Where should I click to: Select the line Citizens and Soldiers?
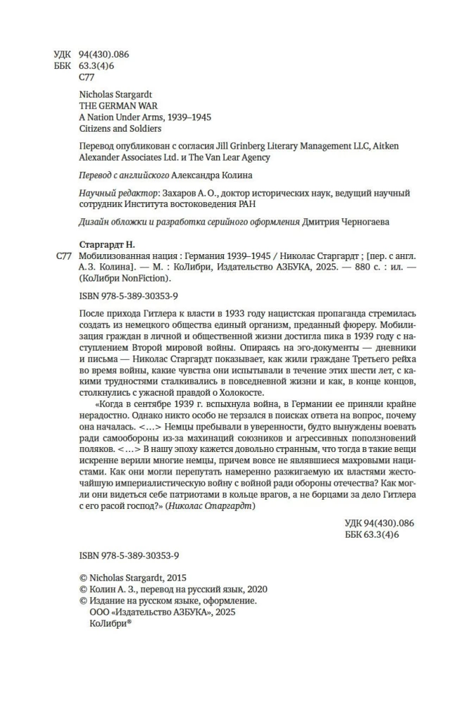119,128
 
